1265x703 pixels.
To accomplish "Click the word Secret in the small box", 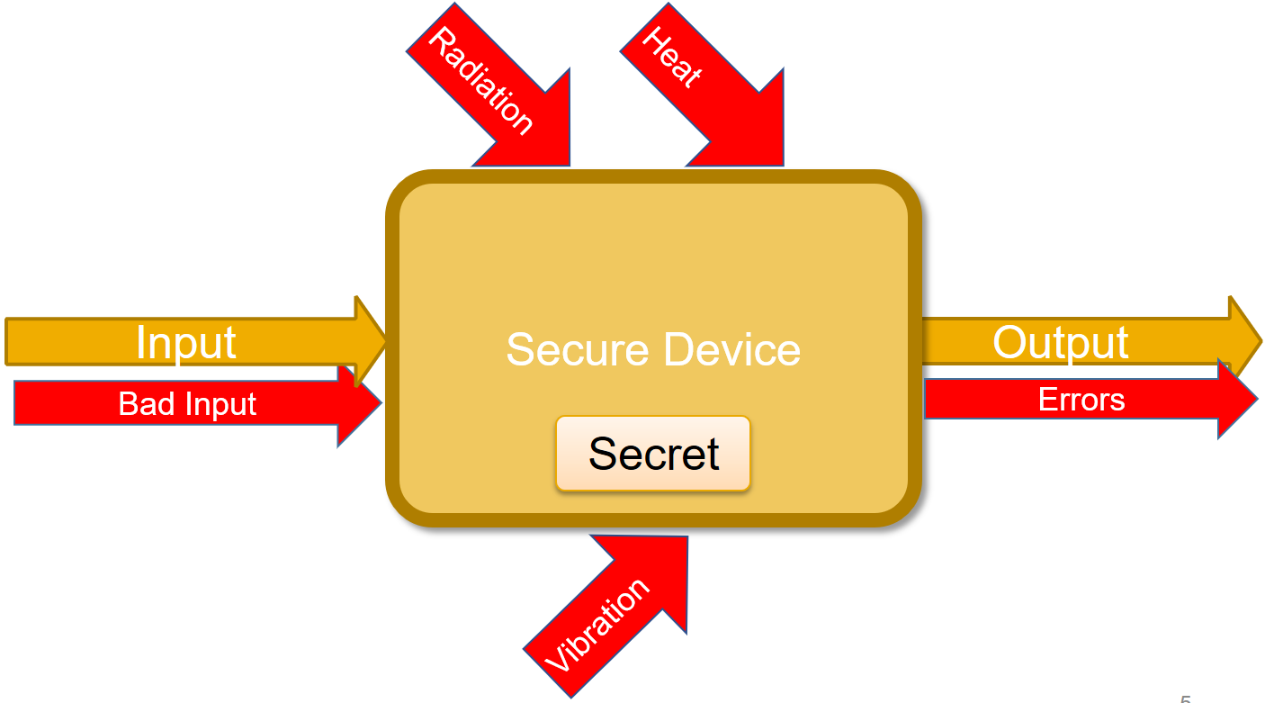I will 653,454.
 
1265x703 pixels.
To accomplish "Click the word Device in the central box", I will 731,349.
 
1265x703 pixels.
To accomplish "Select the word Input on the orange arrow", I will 186,343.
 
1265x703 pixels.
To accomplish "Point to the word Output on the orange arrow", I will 1060,343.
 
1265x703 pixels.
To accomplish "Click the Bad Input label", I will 187,404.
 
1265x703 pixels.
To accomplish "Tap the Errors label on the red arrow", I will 1081,400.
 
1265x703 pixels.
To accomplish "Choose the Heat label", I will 670,56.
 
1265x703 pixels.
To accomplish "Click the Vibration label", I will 597,626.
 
